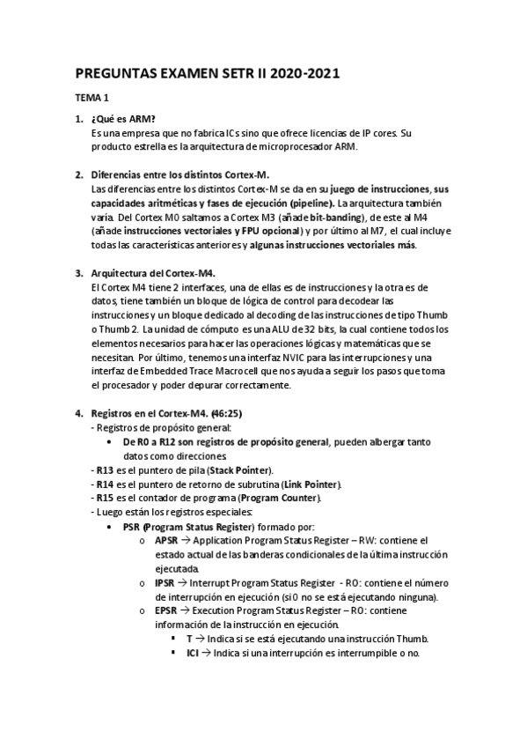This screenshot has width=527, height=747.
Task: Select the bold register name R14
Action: click(106, 484)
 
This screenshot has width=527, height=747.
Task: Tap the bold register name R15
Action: click(106, 498)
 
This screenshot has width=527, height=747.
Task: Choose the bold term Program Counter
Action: click(277, 498)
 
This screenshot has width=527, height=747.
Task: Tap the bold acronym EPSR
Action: click(165, 610)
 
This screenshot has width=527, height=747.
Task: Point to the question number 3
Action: click(78, 273)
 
